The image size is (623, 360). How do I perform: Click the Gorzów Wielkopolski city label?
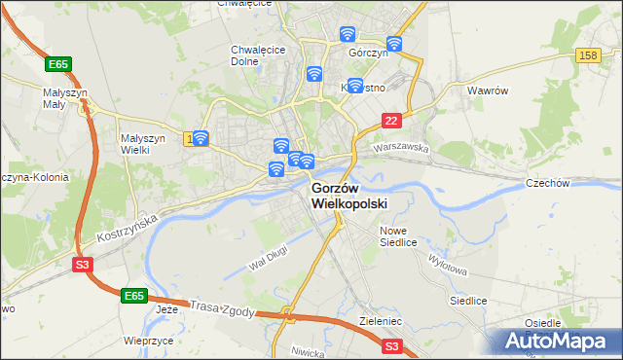click(348, 196)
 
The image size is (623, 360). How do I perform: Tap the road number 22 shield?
click(391, 120)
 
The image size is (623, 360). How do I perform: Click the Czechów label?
click(574, 183)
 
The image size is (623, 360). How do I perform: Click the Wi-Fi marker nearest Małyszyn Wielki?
click(201, 138)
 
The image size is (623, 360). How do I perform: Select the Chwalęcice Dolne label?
click(258, 54)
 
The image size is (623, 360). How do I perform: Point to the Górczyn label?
click(369, 55)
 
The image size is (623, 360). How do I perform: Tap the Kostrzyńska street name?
click(127, 231)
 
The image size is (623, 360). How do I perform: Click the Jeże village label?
click(167, 309)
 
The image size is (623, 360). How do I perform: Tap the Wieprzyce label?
click(149, 342)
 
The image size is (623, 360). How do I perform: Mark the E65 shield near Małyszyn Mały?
click(57, 64)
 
